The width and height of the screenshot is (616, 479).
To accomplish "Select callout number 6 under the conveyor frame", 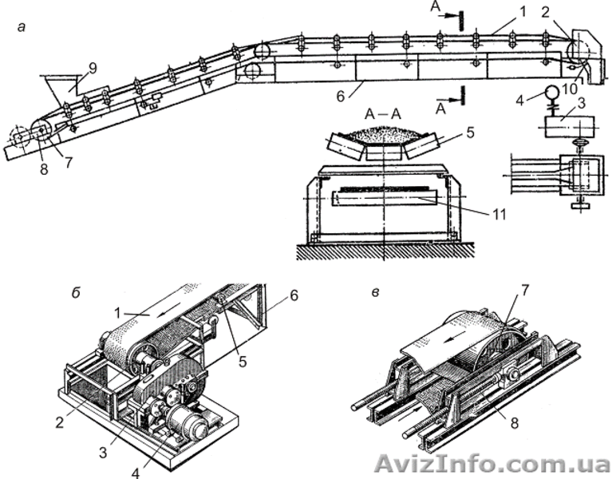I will pos(341,95).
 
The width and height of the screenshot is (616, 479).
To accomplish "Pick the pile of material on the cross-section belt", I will pos(385,135).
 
